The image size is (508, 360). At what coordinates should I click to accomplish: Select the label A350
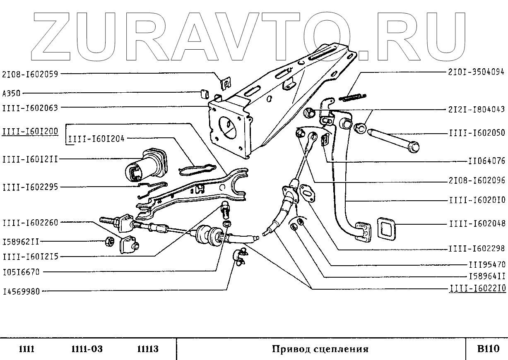point(11,93)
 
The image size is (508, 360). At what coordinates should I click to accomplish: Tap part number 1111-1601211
point(30,159)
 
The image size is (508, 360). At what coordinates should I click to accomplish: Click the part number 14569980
point(21,291)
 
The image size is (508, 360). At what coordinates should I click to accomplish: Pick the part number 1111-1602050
point(477,133)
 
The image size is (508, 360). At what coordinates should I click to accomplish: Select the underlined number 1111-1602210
point(477,289)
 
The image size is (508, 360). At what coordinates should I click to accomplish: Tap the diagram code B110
point(486,349)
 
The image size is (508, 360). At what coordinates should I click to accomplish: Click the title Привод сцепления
point(320,349)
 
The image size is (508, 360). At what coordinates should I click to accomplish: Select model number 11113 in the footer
point(147,349)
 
